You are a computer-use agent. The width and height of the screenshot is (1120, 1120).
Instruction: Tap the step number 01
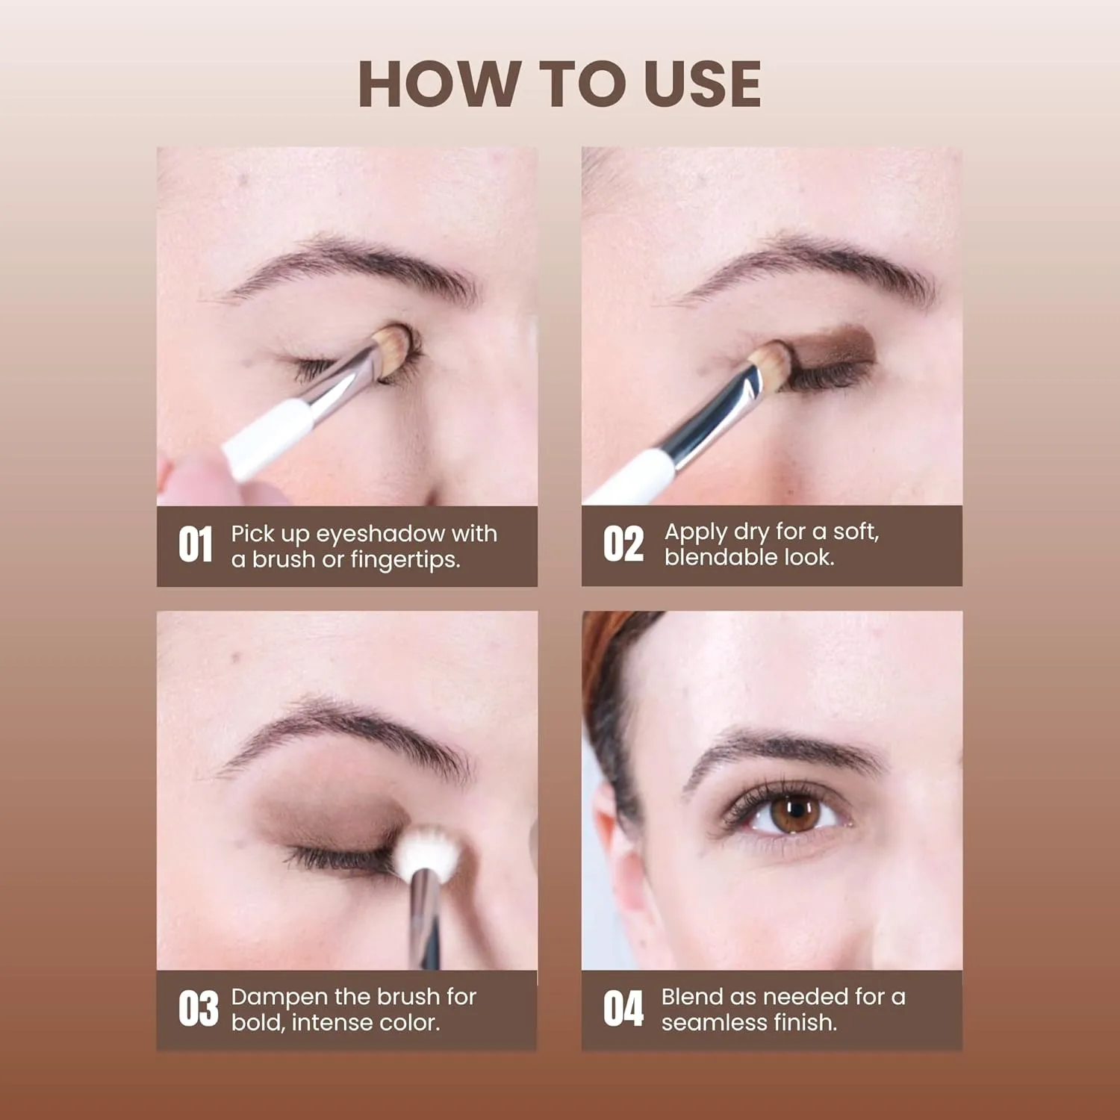[x=196, y=544]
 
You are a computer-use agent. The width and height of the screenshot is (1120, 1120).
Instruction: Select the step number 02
[x=623, y=544]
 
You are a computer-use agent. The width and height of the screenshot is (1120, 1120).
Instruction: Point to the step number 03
[x=198, y=1009]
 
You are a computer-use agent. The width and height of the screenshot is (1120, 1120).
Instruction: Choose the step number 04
[x=623, y=1009]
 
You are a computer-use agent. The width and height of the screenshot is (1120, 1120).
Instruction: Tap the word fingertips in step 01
[x=404, y=560]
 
